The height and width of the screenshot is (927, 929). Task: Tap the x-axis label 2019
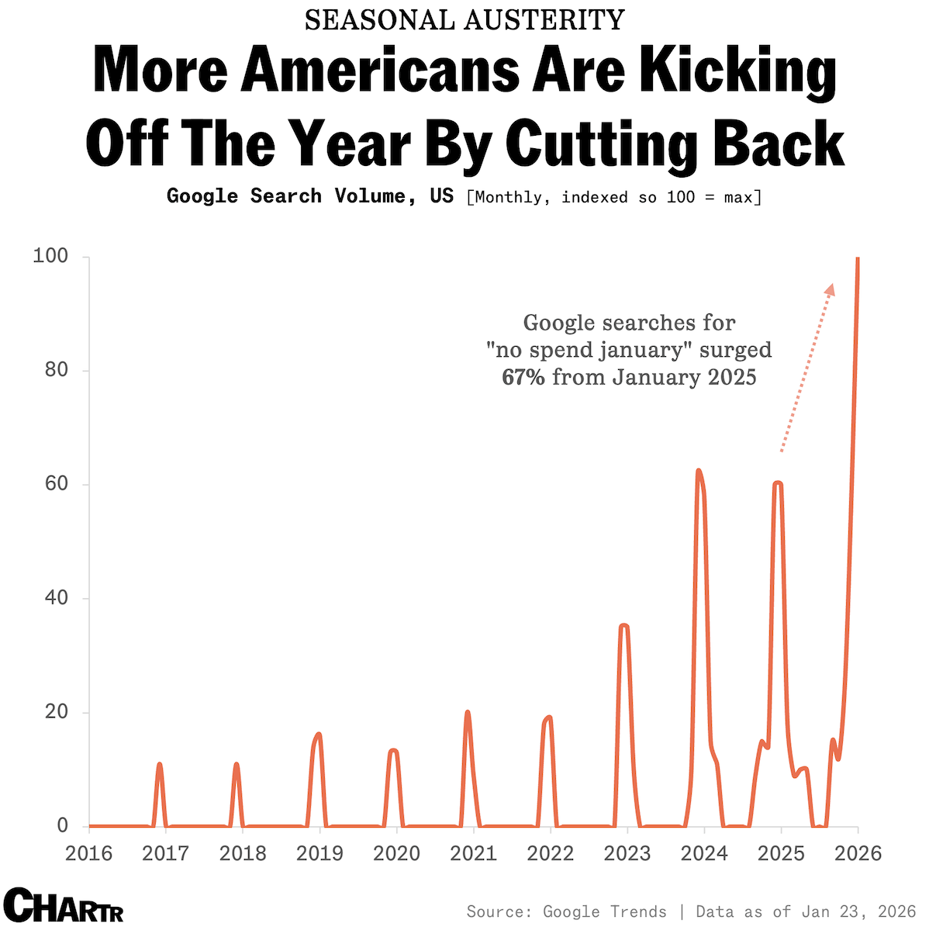pos(319,853)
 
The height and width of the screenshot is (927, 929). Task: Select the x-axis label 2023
pos(627,853)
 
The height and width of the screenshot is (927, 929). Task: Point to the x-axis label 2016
pos(88,853)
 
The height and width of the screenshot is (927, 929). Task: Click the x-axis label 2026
pos(858,853)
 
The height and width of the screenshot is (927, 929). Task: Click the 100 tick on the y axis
pos(50,257)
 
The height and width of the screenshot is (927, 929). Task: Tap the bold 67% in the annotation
pos(524,378)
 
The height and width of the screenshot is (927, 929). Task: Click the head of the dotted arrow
pos(831,289)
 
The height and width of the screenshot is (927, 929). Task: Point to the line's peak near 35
pos(623,626)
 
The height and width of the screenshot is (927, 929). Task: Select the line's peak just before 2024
pos(699,471)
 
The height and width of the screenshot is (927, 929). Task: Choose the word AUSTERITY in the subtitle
pos(545,20)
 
